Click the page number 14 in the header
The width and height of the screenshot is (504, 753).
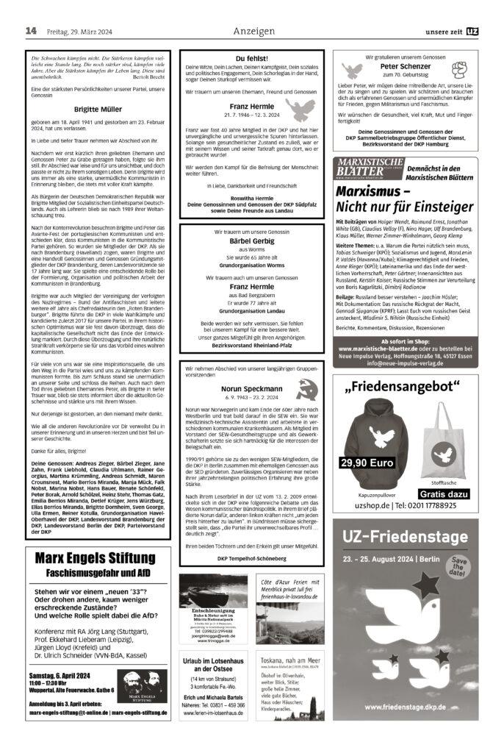point(31,30)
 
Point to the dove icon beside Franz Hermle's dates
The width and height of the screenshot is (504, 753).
point(299,111)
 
